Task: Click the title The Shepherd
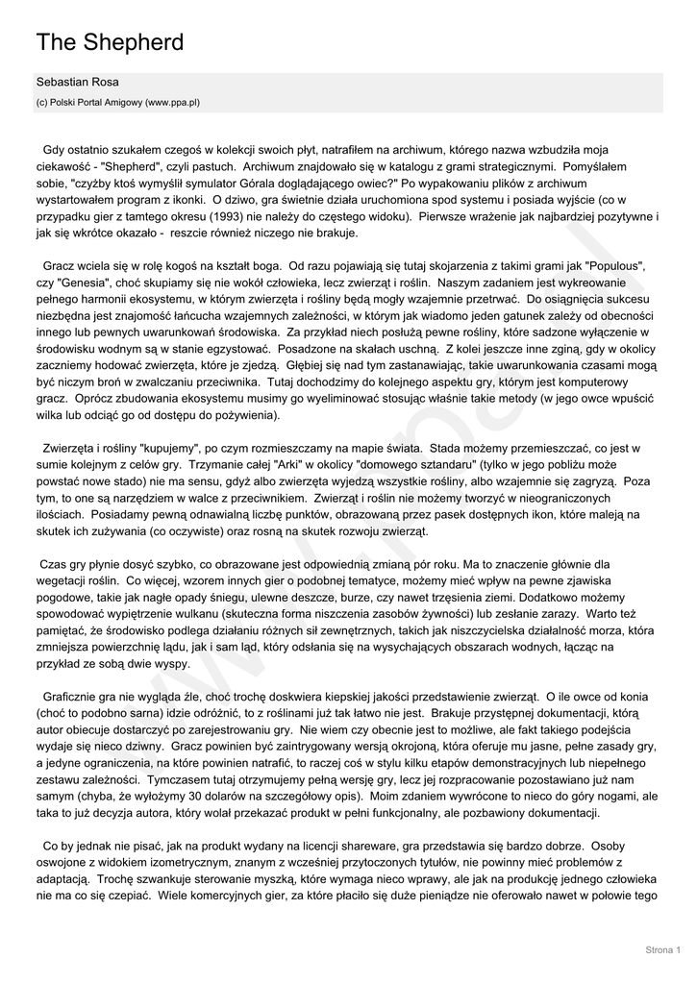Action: (x=110, y=43)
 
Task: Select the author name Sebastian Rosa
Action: (x=78, y=83)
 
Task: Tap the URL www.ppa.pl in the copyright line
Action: (x=172, y=101)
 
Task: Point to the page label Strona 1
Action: (x=662, y=949)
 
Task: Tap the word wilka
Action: (x=52, y=415)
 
